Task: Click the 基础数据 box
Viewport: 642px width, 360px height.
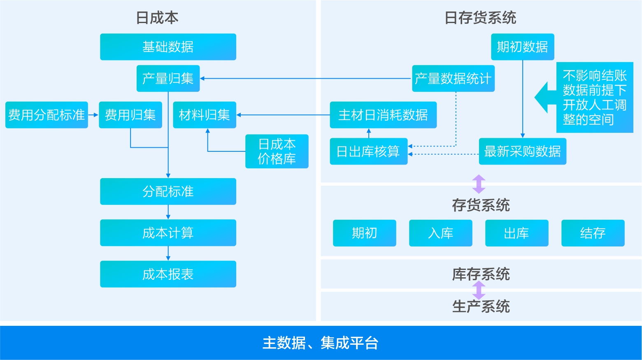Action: [168, 47]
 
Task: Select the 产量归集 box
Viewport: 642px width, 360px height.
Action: [168, 78]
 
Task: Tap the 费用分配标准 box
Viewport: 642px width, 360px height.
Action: [47, 115]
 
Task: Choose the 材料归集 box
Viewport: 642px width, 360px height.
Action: [204, 115]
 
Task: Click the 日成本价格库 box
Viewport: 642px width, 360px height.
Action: [277, 151]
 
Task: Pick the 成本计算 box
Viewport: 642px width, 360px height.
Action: [168, 233]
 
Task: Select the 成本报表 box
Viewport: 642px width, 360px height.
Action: [168, 274]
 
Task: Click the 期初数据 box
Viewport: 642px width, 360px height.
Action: [522, 47]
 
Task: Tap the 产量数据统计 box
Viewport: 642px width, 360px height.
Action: [453, 78]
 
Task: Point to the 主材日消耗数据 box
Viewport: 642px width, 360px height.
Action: [383, 115]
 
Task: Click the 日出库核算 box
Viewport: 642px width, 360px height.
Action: [368, 151]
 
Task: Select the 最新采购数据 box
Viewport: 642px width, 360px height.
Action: [522, 151]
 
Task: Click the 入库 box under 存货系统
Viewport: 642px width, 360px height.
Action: [440, 233]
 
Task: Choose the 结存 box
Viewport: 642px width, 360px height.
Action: [593, 233]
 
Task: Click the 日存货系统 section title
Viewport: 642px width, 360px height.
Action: [480, 18]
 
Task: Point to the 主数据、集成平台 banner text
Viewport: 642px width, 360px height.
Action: [321, 343]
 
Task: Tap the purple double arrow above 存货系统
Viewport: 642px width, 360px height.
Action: [479, 184]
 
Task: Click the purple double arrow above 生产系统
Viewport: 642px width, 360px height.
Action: [479, 290]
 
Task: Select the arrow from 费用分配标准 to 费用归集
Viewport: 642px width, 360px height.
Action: [93, 115]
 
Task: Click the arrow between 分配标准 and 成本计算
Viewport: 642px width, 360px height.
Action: [168, 212]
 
